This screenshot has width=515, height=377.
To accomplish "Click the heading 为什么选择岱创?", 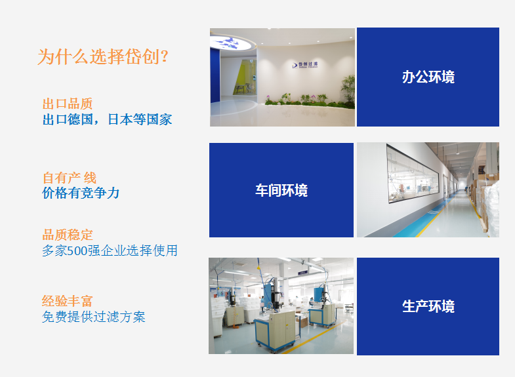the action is point(103,56).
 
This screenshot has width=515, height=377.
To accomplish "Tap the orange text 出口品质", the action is point(68,104).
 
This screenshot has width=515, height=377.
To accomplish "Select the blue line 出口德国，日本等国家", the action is point(108,119).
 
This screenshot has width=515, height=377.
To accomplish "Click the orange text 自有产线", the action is point(70,178).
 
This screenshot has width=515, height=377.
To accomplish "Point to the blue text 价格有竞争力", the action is point(81,193).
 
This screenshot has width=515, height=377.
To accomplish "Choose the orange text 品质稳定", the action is point(68,235).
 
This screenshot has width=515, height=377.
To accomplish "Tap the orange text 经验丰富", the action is point(68,301).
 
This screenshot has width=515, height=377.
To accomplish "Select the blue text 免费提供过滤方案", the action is point(94,317).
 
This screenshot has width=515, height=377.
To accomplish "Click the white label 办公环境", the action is point(428,77).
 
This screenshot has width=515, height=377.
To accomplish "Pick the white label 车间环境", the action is point(281,190).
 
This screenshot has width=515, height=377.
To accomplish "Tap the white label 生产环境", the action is point(428,306).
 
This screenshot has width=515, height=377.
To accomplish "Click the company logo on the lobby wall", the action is point(305,65).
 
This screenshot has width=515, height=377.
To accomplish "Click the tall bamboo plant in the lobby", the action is point(348,89).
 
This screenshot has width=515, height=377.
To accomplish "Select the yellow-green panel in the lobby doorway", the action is point(244,77).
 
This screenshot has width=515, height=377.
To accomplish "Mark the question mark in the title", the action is point(165,56).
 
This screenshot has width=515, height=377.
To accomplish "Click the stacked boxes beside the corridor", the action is point(485,200).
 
